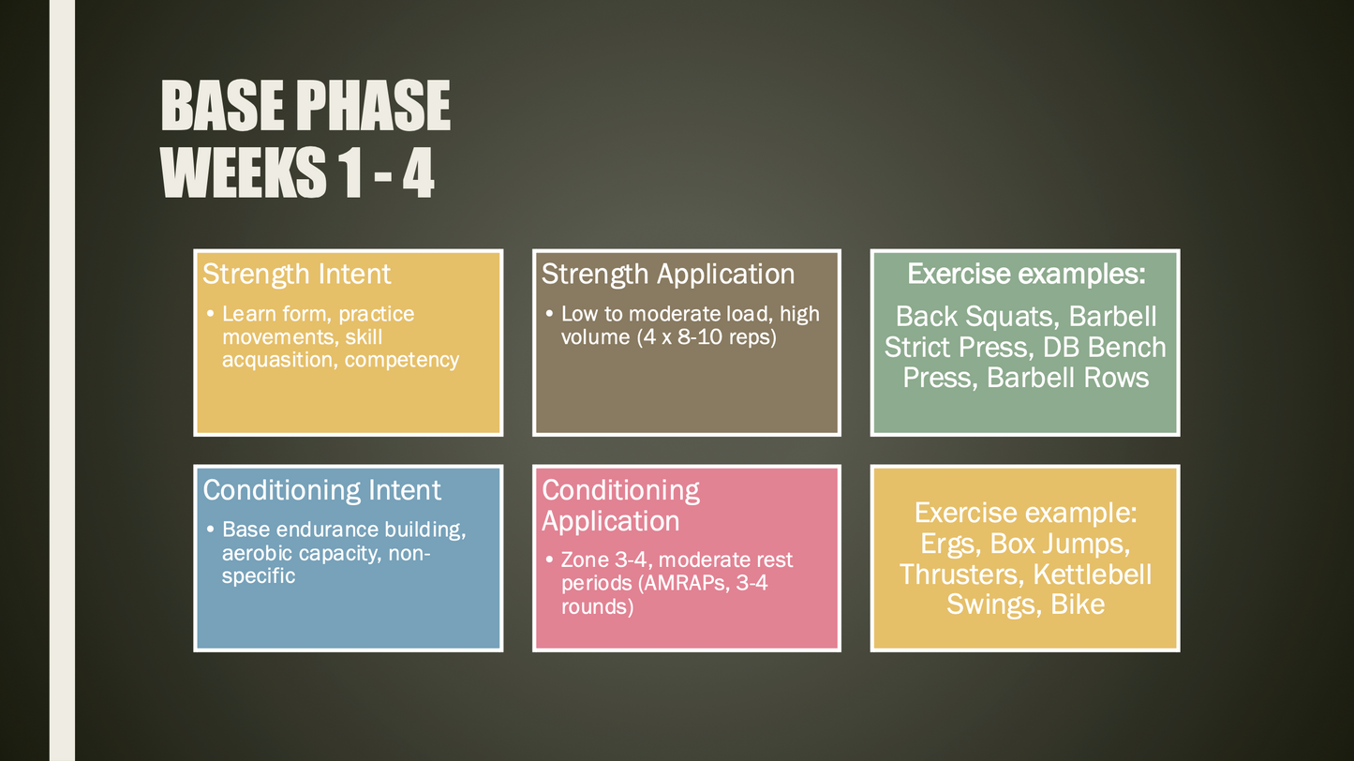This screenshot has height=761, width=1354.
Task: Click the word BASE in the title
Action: point(222,106)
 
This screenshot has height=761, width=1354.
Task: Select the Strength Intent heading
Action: point(296,275)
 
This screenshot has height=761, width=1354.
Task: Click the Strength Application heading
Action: point(668,275)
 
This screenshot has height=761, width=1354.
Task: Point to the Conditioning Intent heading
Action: point(321,489)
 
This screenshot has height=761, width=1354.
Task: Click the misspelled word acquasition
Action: point(280,360)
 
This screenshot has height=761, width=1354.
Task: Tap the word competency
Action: point(402,360)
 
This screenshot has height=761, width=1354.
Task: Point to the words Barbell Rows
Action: point(1067,378)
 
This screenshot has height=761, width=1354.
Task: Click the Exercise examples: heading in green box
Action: point(1026,274)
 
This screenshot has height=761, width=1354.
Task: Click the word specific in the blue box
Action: point(258,576)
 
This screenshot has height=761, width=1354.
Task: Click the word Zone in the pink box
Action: point(585,560)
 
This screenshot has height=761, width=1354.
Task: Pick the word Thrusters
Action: point(962,574)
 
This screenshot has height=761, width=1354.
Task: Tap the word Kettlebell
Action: point(1093,574)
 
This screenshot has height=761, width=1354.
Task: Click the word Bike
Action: point(1078,604)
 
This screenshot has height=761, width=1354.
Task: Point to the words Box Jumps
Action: point(1060,544)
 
